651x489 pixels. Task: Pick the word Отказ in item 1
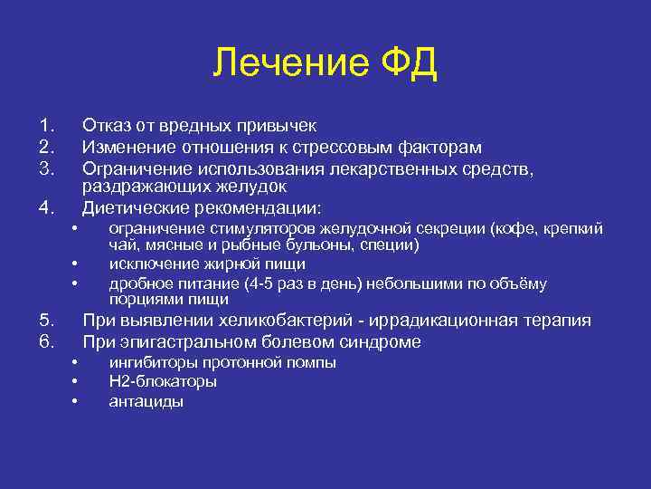pyautogui.click(x=106, y=126)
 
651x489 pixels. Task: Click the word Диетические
pyautogui.click(x=133, y=206)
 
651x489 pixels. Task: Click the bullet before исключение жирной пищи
pyautogui.click(x=74, y=264)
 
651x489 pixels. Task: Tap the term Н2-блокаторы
pyautogui.click(x=163, y=381)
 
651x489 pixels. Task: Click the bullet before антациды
pyautogui.click(x=74, y=401)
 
